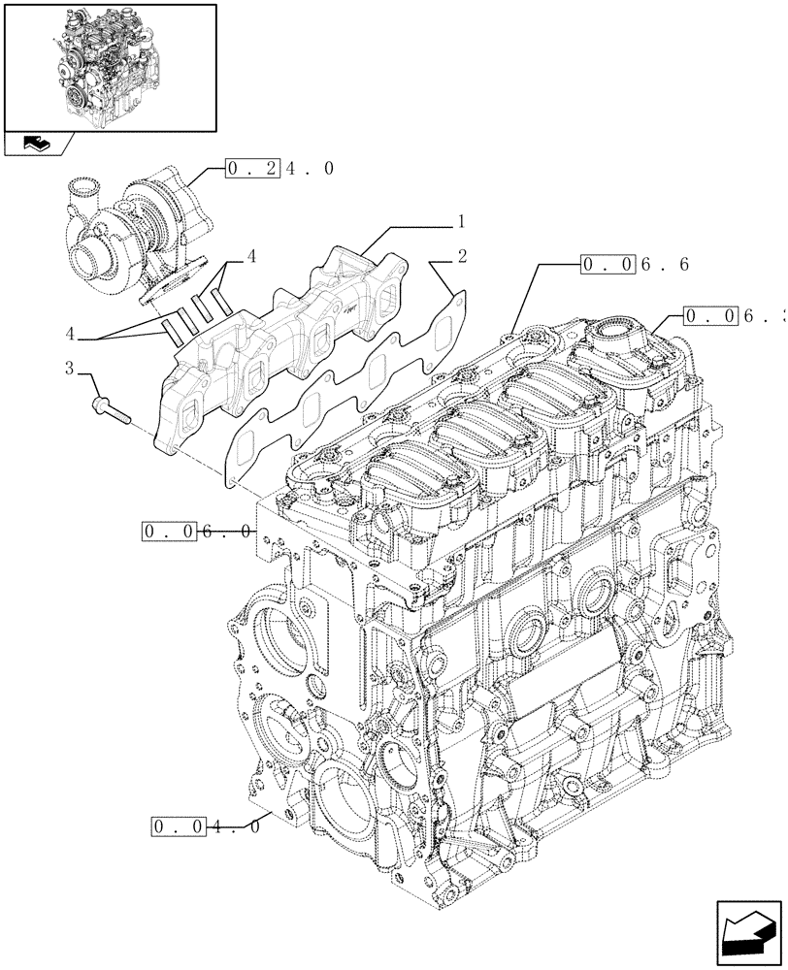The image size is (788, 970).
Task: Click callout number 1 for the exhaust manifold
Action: tap(463, 221)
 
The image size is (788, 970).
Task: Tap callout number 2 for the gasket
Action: tap(463, 258)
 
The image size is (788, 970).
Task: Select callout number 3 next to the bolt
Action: tap(69, 368)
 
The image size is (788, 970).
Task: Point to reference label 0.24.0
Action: tap(280, 169)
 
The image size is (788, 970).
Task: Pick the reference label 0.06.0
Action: tap(198, 531)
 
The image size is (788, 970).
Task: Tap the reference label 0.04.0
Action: tap(206, 827)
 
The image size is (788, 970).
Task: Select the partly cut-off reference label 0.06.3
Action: tap(734, 315)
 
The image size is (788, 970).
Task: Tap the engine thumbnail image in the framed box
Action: tap(110, 66)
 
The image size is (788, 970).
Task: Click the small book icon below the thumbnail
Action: tap(38, 145)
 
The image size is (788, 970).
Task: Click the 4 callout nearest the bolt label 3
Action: tap(69, 334)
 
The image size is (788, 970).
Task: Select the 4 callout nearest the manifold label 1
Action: tap(251, 257)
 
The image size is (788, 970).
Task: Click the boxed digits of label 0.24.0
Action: tap(253, 169)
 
